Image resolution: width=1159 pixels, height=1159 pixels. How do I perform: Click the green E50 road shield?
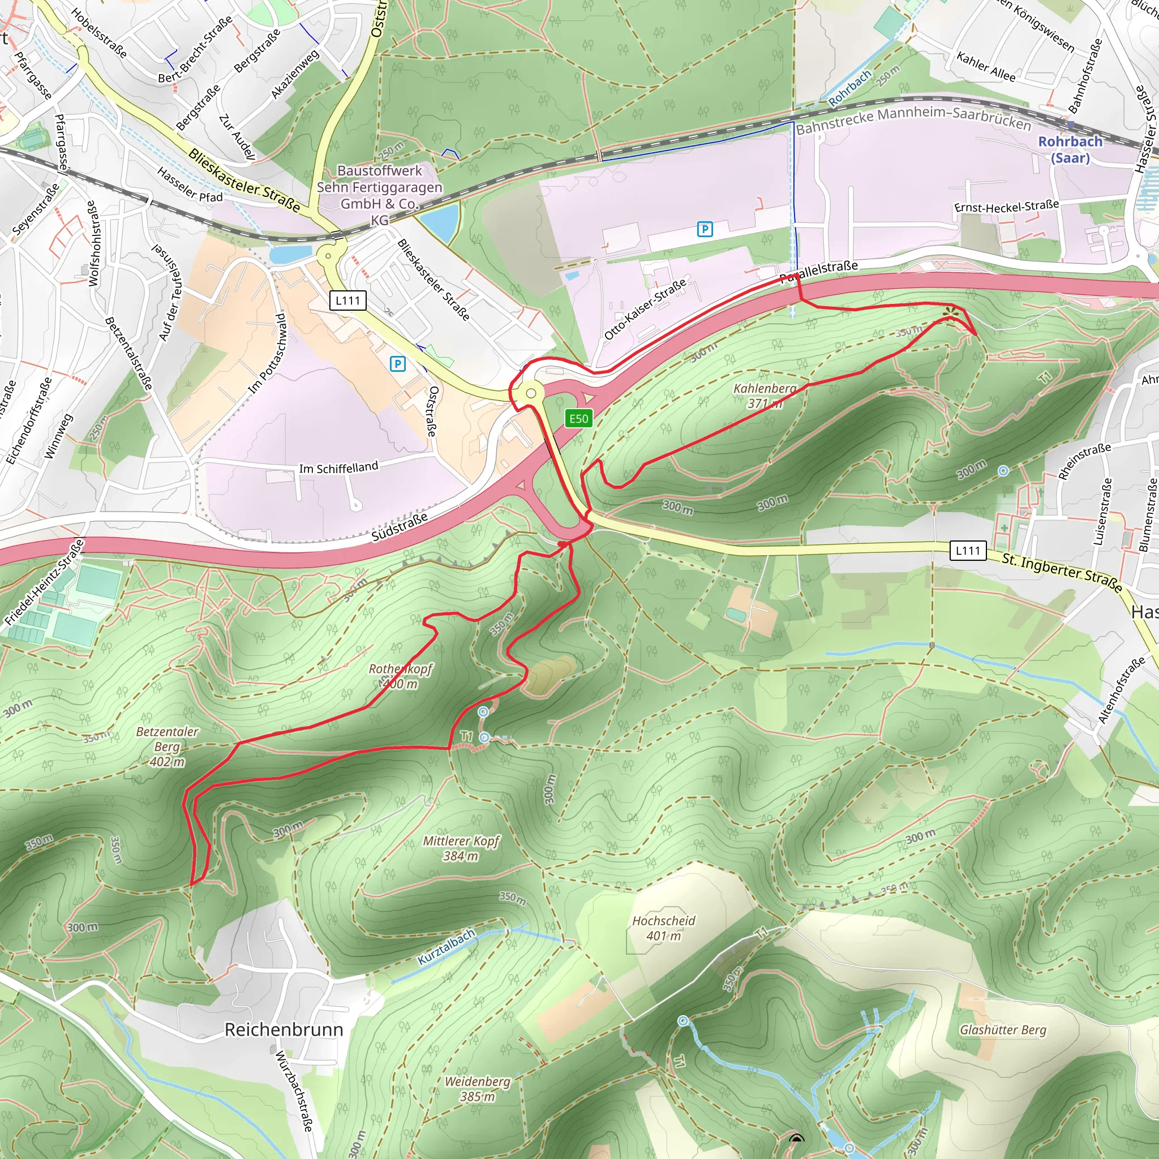pos(578,418)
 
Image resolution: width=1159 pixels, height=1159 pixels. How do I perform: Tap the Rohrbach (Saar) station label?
pos(1070,149)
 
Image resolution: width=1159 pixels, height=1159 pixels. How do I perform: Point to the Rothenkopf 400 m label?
pos(400,676)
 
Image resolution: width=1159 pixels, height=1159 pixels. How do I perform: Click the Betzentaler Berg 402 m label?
pos(167,747)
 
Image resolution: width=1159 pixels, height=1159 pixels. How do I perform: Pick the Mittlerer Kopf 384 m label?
pos(461,848)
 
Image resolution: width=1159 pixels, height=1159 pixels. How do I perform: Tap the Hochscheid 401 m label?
pos(663,928)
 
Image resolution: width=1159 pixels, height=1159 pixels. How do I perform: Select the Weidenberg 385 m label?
pos(477,1089)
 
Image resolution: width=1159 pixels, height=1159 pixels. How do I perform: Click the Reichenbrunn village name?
pos(284,1029)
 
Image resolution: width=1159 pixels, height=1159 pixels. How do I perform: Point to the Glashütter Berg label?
pos(1003,1029)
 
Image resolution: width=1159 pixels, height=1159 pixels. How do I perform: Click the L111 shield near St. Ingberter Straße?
pos(968,550)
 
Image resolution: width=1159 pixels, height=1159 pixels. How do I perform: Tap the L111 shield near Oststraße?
pos(347,301)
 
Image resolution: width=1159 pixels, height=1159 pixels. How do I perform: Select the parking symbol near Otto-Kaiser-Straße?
pos(705,229)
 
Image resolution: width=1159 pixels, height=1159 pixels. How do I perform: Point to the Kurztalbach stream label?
pos(446,947)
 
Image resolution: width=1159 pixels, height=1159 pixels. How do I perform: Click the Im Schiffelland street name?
pos(338,467)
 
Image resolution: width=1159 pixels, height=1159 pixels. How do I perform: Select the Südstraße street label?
pos(400,526)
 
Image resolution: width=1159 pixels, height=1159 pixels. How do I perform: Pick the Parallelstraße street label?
pos(818,272)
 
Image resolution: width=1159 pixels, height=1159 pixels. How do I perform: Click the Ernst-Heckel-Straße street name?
pos(1006,208)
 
